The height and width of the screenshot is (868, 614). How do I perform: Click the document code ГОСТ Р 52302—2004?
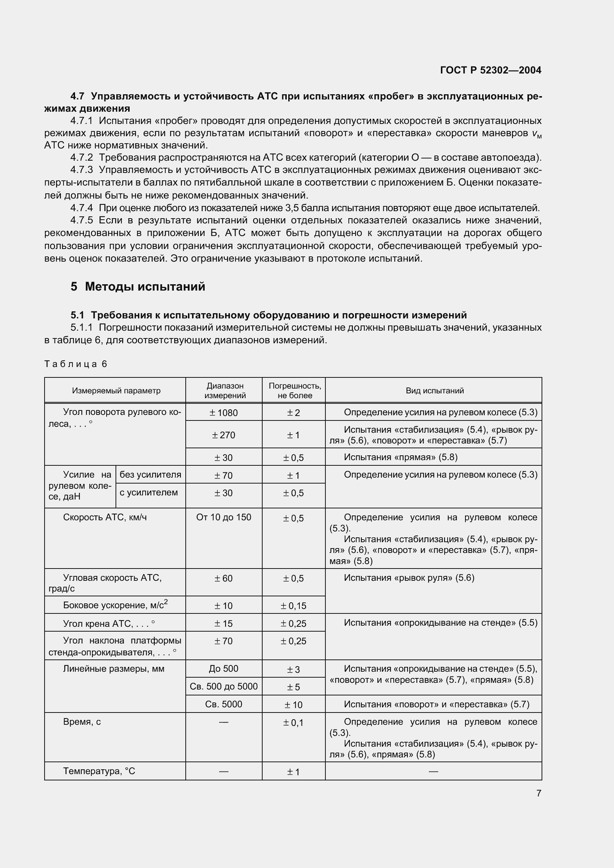(491, 70)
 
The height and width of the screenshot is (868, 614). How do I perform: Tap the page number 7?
(539, 793)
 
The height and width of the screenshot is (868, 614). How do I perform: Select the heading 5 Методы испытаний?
(138, 286)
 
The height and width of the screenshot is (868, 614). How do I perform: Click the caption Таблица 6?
(76, 364)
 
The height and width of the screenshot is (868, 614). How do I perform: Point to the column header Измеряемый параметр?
(116, 390)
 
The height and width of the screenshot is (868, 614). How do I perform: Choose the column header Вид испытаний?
(434, 390)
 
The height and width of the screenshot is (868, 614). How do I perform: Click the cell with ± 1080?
(224, 413)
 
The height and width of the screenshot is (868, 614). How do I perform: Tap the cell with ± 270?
(224, 435)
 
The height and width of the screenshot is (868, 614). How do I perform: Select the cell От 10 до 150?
(224, 517)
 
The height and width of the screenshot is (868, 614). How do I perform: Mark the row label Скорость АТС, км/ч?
(105, 517)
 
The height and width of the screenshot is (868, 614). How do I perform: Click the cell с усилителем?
(149, 492)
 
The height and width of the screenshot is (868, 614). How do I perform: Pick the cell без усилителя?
(150, 475)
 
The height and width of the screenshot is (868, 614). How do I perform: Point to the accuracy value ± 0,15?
(293, 606)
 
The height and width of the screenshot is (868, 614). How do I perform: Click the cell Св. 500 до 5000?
(224, 686)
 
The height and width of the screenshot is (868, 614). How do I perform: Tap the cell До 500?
(224, 668)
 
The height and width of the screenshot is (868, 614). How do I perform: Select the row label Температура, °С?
(99, 771)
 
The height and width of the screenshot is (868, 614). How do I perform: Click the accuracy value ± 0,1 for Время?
(293, 723)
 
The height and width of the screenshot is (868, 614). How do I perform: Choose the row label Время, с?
(82, 722)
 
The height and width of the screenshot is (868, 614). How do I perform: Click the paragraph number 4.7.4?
(81, 208)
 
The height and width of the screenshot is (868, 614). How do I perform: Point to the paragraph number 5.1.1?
(81, 327)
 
